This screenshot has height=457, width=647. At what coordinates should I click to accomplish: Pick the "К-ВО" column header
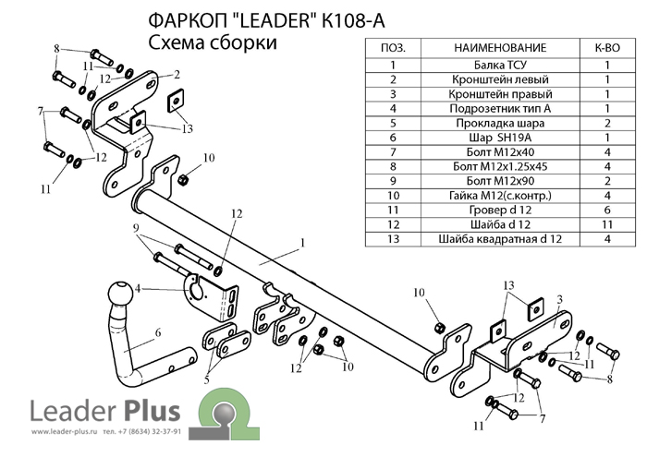click(607, 47)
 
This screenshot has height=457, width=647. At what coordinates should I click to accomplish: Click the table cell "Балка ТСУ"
click(500, 65)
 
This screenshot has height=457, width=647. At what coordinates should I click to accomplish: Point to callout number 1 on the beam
click(301, 244)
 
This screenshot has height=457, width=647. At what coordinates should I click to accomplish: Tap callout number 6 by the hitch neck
click(158, 331)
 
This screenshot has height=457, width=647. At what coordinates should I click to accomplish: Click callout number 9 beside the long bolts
click(135, 228)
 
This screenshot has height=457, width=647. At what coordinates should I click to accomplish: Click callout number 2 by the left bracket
click(175, 73)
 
